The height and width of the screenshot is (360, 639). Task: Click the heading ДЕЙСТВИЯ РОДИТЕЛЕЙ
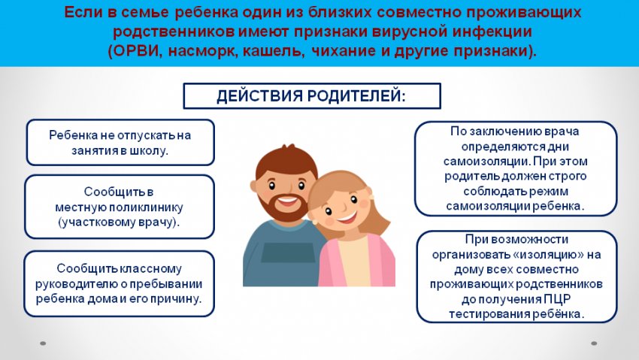click(x=311, y=96)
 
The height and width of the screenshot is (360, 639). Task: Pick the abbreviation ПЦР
click(x=557, y=299)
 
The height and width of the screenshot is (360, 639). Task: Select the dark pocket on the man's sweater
click(x=288, y=253)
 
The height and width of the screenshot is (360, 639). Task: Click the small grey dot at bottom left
click(x=43, y=343)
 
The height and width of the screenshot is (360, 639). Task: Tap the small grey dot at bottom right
click(x=594, y=343)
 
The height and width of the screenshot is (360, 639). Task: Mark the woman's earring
click(x=371, y=197)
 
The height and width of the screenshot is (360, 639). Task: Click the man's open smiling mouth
click(x=288, y=201)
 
